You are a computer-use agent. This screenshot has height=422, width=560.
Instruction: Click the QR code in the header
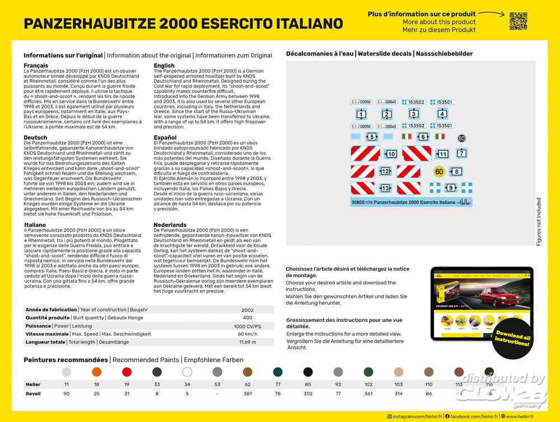[x=518, y=21]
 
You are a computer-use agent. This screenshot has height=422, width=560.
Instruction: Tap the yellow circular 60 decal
[x=439, y=171]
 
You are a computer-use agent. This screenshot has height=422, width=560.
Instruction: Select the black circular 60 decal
[x=461, y=138]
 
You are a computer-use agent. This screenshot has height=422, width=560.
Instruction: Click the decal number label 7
[x=461, y=153]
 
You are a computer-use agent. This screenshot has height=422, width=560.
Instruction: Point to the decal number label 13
[x=385, y=188]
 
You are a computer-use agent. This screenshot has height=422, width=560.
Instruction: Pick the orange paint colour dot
[x=97, y=372]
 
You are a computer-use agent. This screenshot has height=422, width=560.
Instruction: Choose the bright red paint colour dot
[x=127, y=372]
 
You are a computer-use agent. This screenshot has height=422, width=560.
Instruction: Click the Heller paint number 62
[x=248, y=385]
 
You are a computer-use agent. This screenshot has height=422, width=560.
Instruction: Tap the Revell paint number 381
[x=248, y=393]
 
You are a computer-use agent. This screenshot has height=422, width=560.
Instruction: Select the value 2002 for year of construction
[x=248, y=310]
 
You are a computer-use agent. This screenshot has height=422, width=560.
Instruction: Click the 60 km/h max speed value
[x=248, y=334]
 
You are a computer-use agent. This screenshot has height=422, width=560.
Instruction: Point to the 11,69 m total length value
[x=248, y=342]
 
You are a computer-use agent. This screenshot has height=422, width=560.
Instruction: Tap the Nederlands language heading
[x=170, y=225]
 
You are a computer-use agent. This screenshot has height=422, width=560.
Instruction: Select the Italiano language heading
[x=35, y=225]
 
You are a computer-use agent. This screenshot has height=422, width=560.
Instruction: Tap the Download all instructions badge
[x=512, y=338]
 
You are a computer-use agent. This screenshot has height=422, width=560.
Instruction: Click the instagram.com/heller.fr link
[x=415, y=416]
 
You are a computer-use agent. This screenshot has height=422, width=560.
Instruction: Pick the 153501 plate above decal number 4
[x=445, y=102]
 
